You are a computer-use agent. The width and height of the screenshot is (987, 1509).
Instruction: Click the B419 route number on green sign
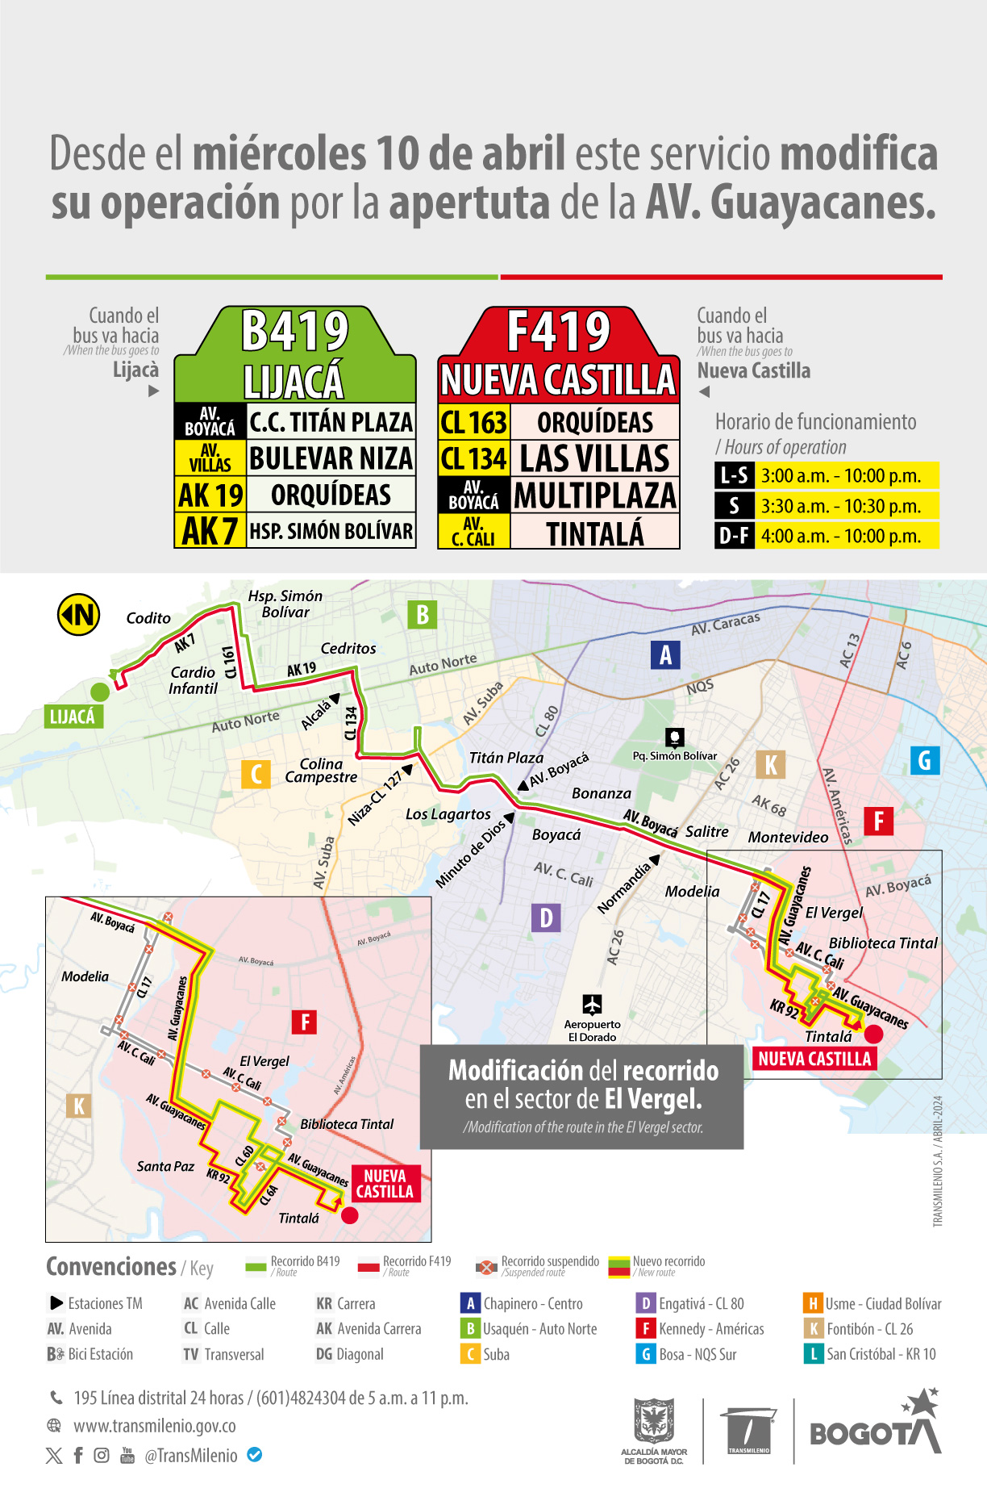click(x=295, y=332)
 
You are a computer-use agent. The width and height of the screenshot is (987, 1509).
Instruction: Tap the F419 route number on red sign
click(x=558, y=332)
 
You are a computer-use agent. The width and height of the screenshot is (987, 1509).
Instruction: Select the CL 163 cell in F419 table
click(x=474, y=422)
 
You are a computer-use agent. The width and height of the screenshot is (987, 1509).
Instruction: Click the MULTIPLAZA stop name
click(x=595, y=495)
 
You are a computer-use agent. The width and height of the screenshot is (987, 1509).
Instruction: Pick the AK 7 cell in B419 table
click(x=210, y=531)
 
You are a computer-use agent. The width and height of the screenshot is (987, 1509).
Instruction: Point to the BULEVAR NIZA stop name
click(x=331, y=458)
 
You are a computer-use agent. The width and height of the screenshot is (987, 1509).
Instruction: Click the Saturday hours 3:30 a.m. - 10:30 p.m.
click(x=840, y=506)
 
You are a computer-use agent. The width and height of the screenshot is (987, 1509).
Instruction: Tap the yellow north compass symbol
click(x=78, y=615)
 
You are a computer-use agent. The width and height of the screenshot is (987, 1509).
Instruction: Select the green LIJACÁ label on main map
click(x=73, y=717)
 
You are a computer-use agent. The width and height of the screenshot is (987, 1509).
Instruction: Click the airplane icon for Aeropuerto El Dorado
click(x=592, y=1005)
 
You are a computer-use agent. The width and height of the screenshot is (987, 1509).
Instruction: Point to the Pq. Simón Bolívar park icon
click(x=675, y=737)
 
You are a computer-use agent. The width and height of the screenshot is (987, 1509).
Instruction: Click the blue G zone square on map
click(x=925, y=760)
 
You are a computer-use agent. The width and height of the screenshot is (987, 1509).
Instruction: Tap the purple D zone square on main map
click(x=546, y=918)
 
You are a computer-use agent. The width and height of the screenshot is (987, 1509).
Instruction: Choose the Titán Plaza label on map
click(x=506, y=758)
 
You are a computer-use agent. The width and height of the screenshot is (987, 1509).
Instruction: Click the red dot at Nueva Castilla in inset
click(x=349, y=1215)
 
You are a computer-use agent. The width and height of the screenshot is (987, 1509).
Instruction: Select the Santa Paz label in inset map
click(x=165, y=1166)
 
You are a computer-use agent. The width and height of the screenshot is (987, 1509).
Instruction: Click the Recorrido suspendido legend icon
click(x=486, y=1267)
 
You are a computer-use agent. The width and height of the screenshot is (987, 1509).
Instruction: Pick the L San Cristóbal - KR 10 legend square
click(x=812, y=1354)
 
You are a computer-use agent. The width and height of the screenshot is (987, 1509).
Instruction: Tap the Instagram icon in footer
click(x=102, y=1455)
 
